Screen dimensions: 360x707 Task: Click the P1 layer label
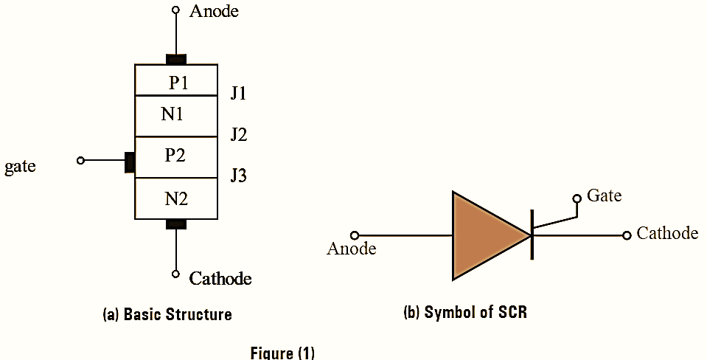(x=178, y=83)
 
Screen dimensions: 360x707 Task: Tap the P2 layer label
(x=175, y=156)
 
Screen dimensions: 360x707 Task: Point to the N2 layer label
(x=175, y=198)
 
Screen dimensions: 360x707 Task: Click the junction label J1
(x=238, y=94)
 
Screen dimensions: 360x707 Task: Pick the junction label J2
(x=238, y=135)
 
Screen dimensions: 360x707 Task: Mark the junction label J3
(x=238, y=176)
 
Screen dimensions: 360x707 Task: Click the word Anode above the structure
(x=214, y=11)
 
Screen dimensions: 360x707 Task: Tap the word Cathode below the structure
(x=220, y=278)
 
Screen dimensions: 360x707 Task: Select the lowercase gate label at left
(x=20, y=167)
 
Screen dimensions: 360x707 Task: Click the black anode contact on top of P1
(x=176, y=59)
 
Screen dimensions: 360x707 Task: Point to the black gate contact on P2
(x=130, y=162)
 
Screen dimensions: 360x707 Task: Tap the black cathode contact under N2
(x=175, y=224)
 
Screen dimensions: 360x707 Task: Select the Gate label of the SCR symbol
(x=604, y=196)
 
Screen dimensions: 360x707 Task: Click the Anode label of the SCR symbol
(x=351, y=249)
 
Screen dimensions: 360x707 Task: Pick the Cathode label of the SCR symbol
(x=667, y=233)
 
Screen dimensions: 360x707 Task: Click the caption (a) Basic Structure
(x=167, y=314)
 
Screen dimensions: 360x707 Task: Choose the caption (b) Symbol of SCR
(x=465, y=312)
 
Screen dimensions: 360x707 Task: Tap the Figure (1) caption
(x=282, y=352)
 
